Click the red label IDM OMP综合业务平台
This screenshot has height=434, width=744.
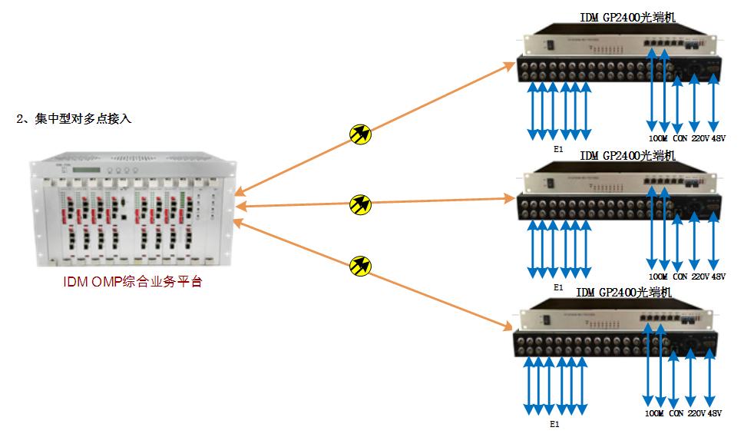132,281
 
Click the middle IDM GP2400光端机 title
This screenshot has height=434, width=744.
627,155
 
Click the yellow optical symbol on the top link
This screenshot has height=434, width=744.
359,134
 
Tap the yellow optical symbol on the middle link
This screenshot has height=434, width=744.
359,204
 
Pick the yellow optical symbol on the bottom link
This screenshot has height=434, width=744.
359,266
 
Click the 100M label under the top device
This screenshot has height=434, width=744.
657,139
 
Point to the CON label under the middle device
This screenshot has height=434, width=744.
680,276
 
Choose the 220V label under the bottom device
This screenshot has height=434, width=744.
696,414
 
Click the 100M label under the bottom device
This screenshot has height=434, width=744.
654,414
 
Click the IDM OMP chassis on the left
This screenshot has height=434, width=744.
132,210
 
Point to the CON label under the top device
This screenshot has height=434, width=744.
680,139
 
